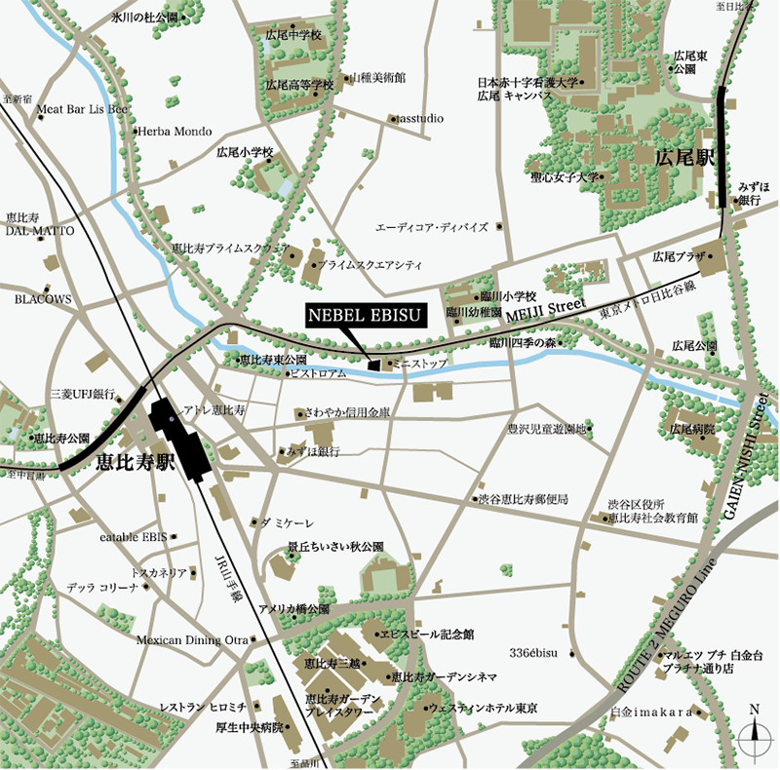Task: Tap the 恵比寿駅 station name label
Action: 134,464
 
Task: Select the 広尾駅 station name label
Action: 685,156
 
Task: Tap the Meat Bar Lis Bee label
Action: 82,109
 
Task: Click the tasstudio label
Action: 420,119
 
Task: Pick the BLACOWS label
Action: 43,299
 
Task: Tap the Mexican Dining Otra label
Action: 192,639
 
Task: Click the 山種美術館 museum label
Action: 377,76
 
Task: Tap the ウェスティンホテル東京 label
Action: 485,708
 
